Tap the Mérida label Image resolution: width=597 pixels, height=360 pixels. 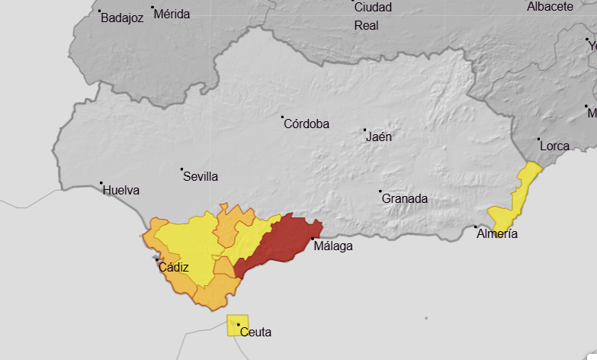(172, 14)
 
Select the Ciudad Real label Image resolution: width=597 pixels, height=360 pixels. (373, 16)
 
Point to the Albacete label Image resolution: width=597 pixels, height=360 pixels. (550, 7)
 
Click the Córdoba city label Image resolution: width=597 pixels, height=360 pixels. (307, 124)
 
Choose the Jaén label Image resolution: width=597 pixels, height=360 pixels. (380, 137)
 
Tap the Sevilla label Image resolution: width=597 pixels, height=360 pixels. (201, 176)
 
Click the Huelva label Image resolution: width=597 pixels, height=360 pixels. (121, 190)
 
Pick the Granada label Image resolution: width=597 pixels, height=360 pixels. (405, 198)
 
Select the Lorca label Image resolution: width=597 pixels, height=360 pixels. (554, 146)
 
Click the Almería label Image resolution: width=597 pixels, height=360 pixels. (497, 233)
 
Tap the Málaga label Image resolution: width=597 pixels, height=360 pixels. (333, 246)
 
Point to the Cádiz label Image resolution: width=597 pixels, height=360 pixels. (174, 267)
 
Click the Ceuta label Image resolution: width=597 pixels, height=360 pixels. (255, 332)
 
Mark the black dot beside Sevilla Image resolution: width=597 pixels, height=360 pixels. (181, 169)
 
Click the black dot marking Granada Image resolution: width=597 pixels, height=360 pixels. (380, 191)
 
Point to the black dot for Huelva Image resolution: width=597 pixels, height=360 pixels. (101, 183)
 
